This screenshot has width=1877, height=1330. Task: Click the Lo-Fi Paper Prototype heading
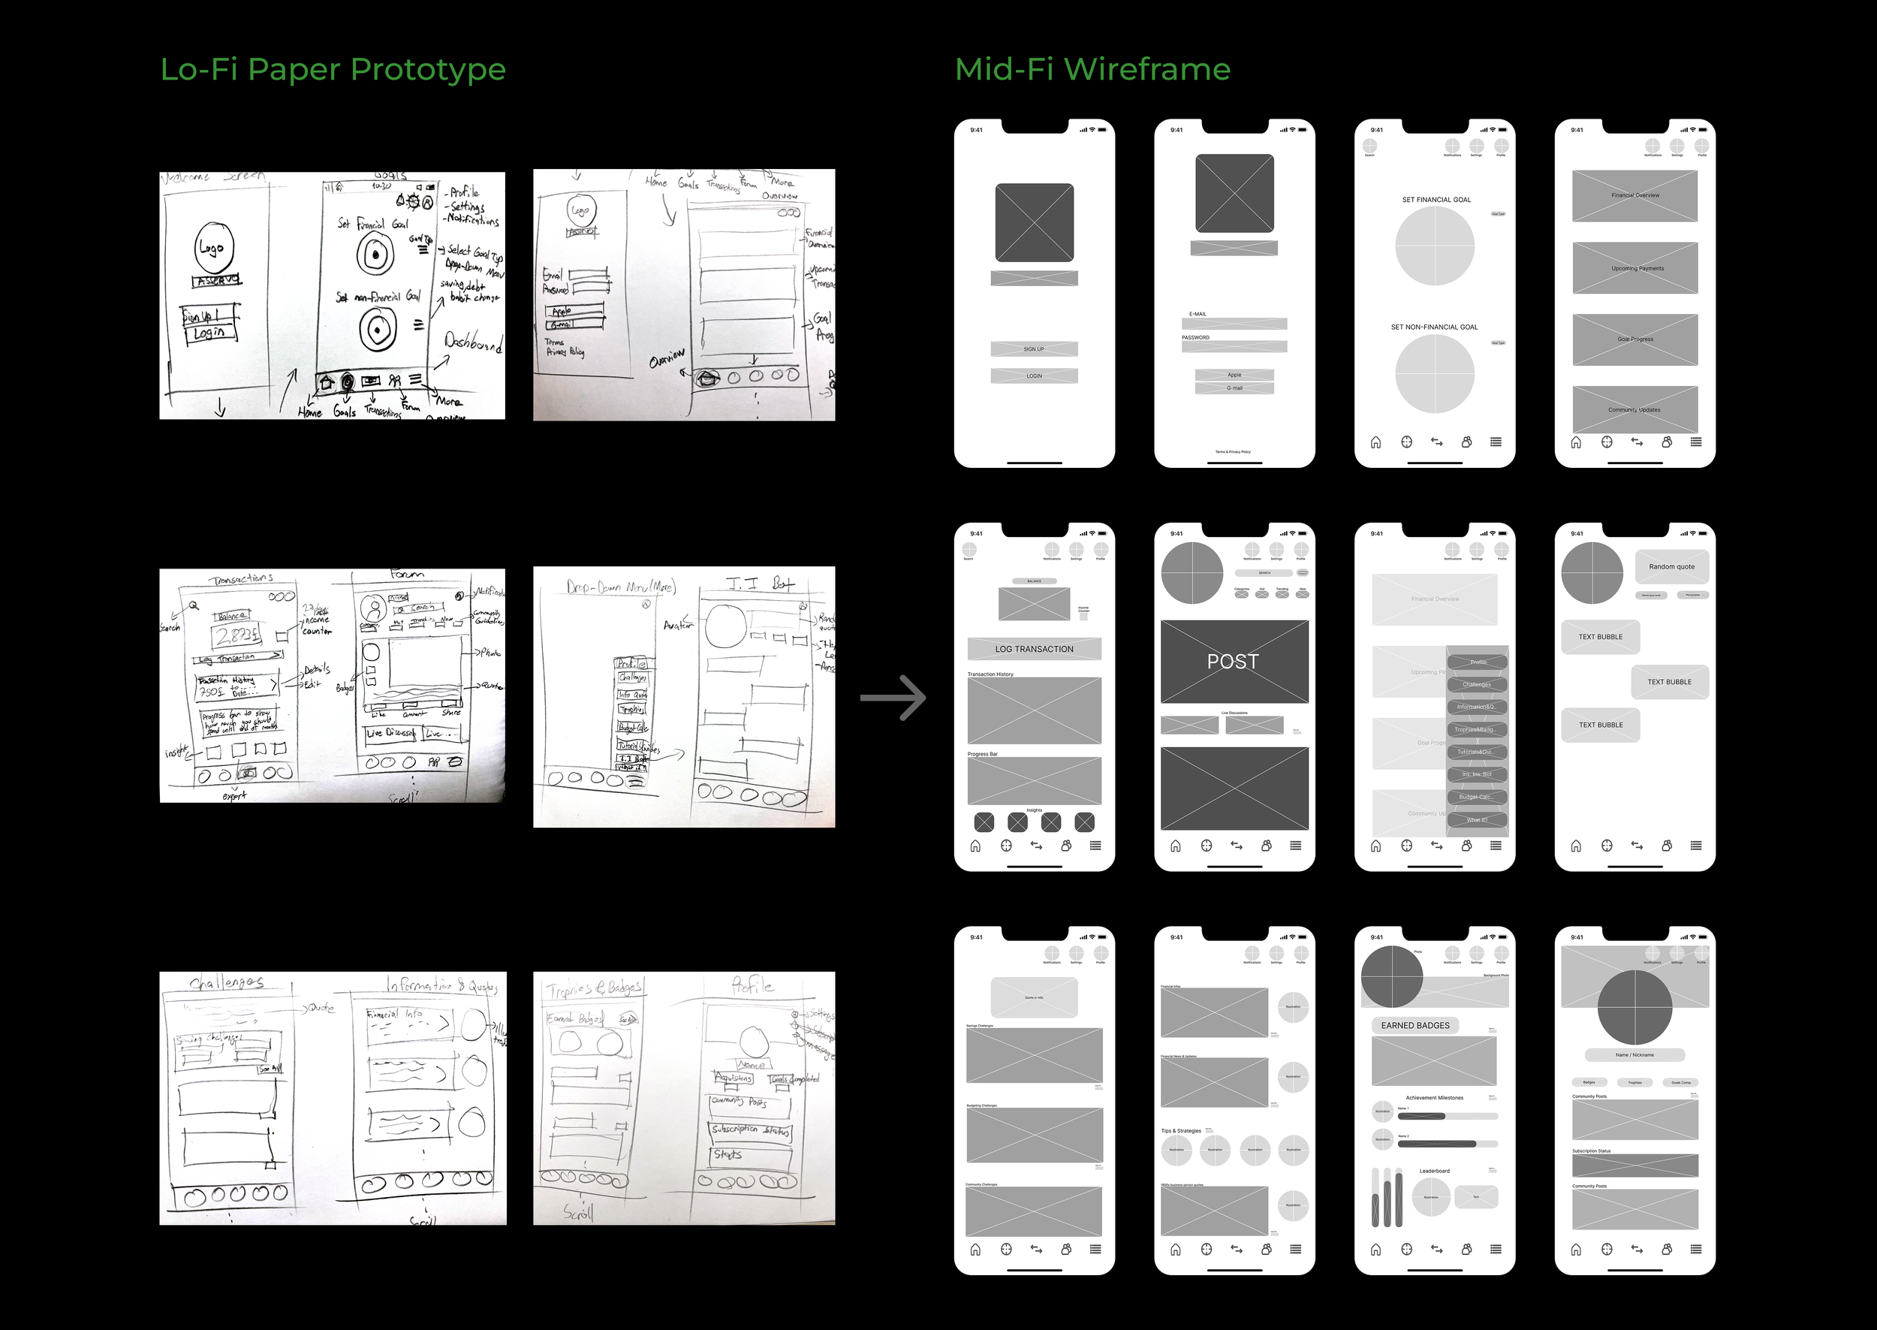[x=333, y=70]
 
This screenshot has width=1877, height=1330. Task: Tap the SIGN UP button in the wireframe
[x=1034, y=349]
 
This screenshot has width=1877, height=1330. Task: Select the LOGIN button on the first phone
[x=1034, y=376]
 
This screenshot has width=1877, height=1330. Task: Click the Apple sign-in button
[x=1234, y=375]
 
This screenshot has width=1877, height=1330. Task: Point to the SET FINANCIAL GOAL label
[x=1436, y=200]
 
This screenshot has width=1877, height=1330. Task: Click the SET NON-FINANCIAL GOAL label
[x=1434, y=327]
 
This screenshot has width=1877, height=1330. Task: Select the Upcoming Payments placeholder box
[x=1634, y=269]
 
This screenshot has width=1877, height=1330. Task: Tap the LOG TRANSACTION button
[x=1034, y=650]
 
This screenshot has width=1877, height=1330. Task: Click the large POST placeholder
[x=1234, y=662]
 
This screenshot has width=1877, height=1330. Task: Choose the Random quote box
[x=1671, y=567]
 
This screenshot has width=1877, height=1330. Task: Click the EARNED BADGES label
[x=1415, y=1025]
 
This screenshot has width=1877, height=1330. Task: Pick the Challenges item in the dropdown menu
[x=1477, y=685]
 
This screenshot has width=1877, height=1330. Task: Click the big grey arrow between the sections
[x=893, y=698]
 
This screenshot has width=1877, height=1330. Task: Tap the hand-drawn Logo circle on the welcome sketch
[x=215, y=247]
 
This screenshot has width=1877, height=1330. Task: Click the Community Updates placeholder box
[x=1634, y=409]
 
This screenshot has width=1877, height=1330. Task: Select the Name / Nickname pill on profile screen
[x=1634, y=1055]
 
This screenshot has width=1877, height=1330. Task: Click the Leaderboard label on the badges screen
[x=1434, y=1171]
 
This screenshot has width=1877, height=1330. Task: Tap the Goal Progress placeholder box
[x=1634, y=339]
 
